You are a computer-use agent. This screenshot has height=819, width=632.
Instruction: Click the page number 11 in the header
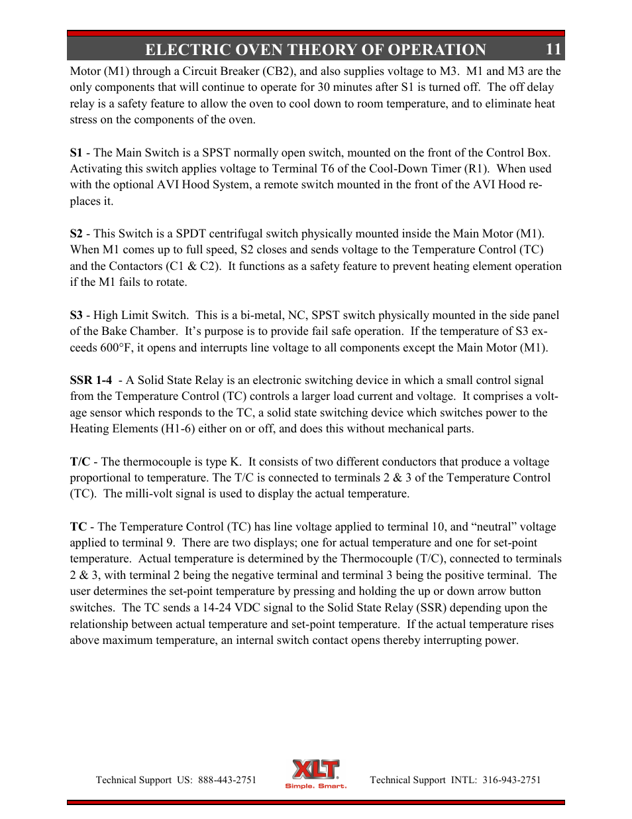pos(553,50)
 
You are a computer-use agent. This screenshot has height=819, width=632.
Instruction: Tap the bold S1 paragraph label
pos(76,153)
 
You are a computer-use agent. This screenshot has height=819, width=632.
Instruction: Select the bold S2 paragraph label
pos(76,233)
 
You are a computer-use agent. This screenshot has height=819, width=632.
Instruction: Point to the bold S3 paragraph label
pos(76,315)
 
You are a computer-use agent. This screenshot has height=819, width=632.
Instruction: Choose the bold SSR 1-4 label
pos(91,380)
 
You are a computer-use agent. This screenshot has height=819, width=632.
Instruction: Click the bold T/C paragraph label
pos(79,462)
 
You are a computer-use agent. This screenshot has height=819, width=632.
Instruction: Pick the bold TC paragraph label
pos(78,527)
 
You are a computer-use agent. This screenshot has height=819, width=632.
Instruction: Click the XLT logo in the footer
pos(315,770)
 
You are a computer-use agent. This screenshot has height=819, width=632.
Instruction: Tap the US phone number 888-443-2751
pos(227,780)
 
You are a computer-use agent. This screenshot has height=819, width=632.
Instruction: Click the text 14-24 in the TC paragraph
pos(217,607)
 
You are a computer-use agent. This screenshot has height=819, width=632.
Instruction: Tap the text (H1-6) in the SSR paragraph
pos(178,428)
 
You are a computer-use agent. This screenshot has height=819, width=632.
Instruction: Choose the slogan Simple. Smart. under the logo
pos(315,787)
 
